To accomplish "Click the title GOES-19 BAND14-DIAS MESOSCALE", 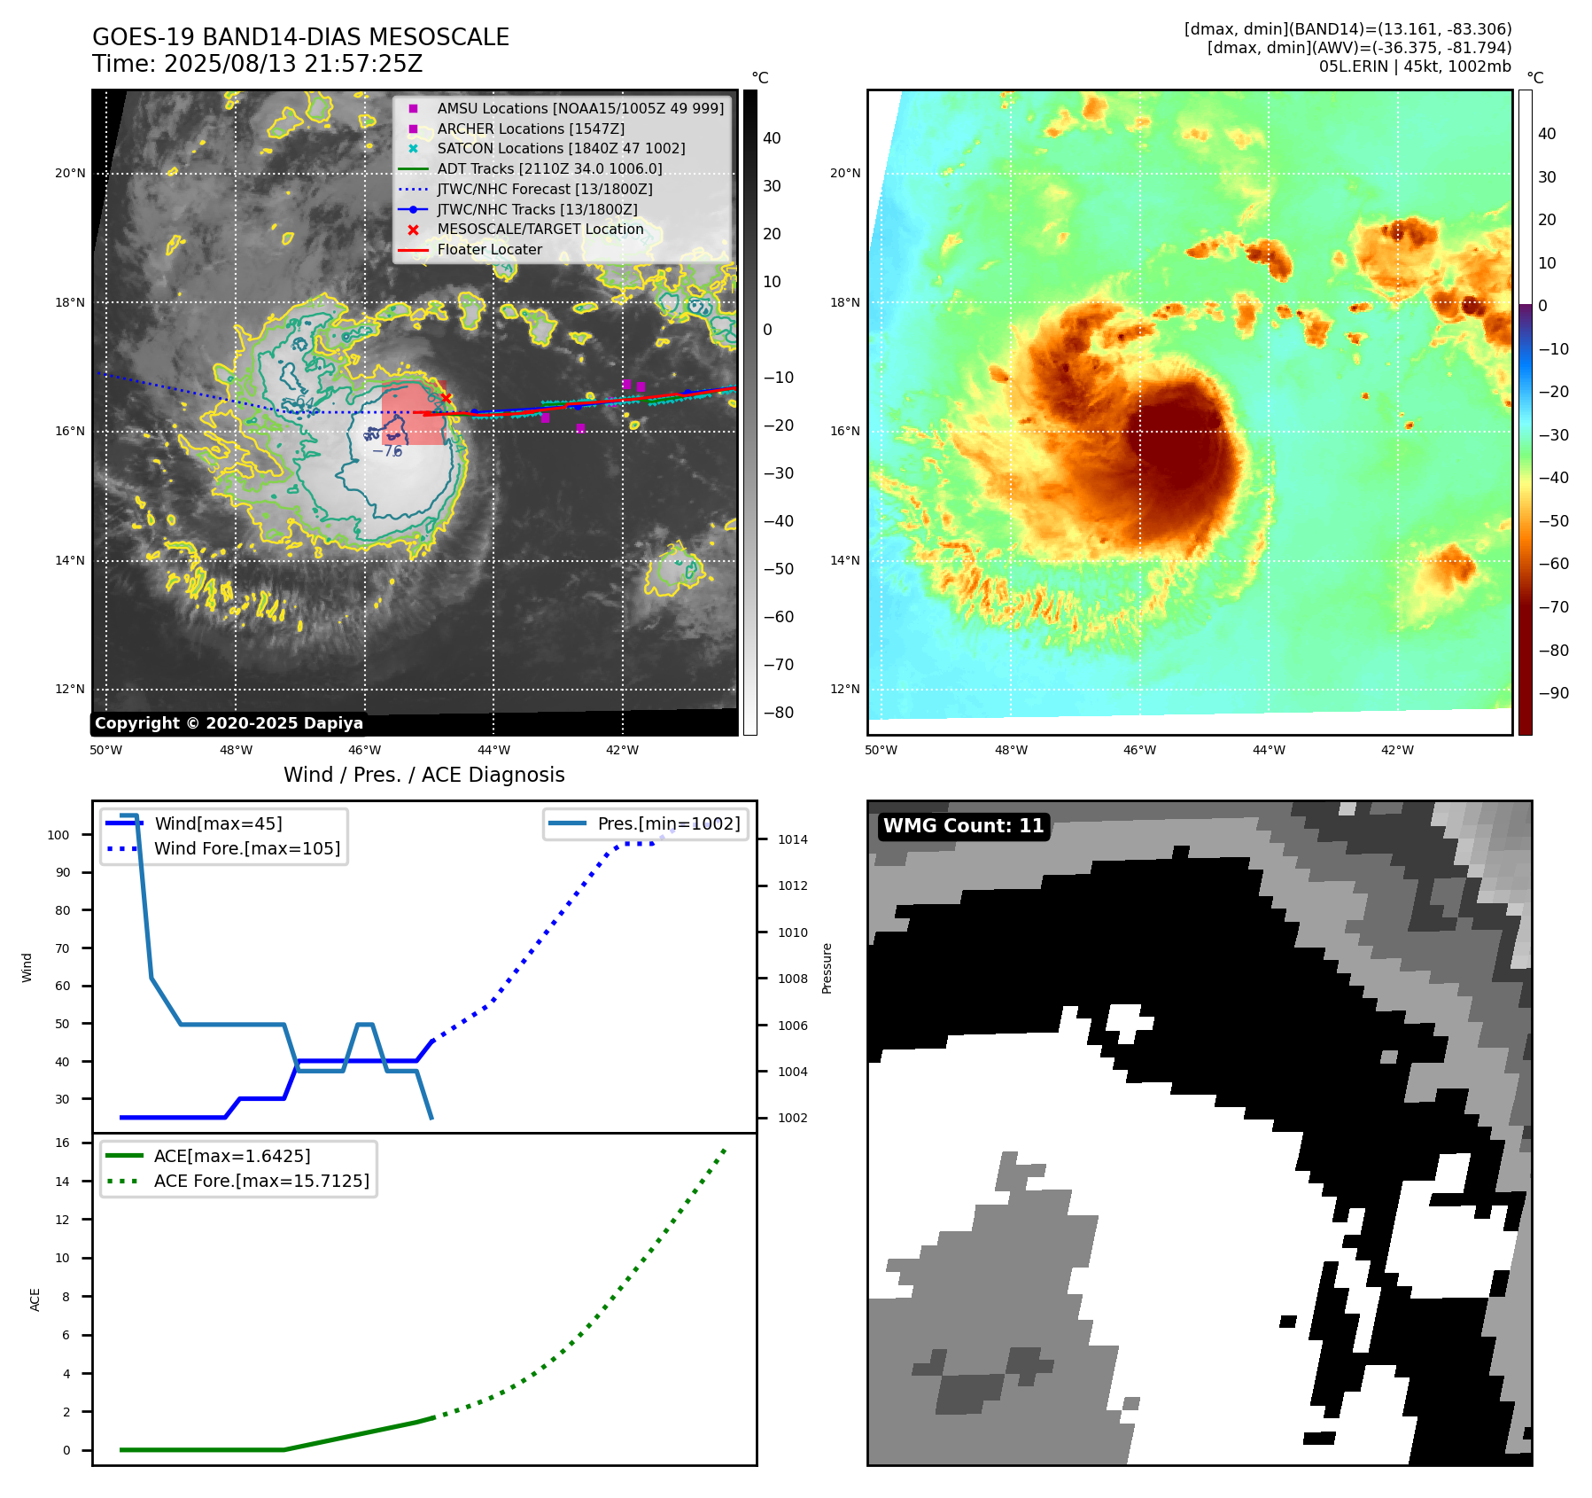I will point(300,37).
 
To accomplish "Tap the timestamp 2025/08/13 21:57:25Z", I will point(292,64).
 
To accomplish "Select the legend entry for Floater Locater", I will point(489,250).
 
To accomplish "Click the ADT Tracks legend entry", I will point(549,168).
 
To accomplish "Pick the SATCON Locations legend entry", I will point(561,148).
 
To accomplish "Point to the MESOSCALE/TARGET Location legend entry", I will point(540,229).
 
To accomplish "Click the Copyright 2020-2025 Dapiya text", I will point(229,723).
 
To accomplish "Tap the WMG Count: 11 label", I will point(963,826).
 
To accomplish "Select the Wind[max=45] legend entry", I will point(218,823).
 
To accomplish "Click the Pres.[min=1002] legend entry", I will point(668,823).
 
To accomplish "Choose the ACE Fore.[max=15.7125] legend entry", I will point(261,1181).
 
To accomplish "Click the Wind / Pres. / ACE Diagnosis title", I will point(423,775).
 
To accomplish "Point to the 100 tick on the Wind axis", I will point(58,835).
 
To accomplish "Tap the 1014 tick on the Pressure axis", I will point(793,839).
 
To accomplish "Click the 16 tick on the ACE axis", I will point(63,1143).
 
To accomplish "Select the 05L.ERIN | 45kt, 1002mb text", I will point(1415,66).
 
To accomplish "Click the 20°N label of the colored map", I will point(845,173).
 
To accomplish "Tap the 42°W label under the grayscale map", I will point(622,750).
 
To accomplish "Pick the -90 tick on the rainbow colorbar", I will point(1553,693).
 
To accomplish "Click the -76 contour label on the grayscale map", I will point(387,451).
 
